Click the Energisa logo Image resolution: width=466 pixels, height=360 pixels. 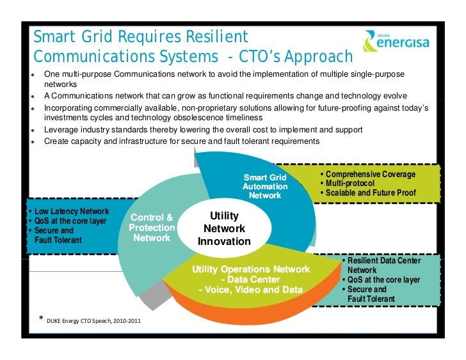coord(396,42)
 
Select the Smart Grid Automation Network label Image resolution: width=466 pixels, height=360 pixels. coord(265,186)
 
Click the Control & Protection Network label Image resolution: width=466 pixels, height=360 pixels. coord(152,228)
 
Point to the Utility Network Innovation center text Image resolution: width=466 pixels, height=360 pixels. coord(224,229)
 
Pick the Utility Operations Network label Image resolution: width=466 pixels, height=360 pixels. coord(251,269)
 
